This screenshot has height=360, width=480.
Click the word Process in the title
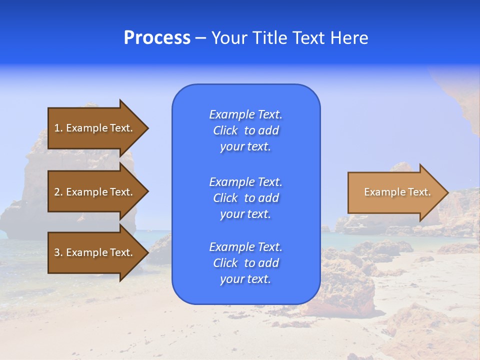coord(157,38)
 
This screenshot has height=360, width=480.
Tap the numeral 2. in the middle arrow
coord(58,192)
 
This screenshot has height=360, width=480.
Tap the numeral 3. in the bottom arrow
coord(58,252)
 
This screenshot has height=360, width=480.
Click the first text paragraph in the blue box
coord(245,130)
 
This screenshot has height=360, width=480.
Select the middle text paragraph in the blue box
coord(245,198)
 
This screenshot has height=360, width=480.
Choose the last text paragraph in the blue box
coord(245,263)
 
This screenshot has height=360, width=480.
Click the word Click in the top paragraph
coord(225,130)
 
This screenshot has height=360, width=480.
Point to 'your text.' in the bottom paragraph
coord(245,279)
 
